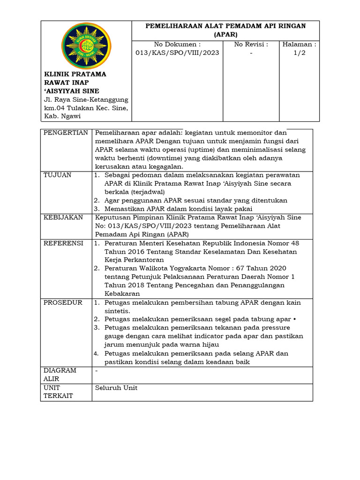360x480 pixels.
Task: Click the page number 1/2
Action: point(299,53)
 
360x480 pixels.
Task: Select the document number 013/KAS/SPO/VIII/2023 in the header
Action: point(177,53)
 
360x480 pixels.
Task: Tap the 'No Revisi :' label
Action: point(251,45)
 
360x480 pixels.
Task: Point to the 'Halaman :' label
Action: point(299,45)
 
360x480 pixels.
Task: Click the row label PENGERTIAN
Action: point(66,133)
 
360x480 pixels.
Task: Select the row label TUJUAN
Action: point(58,175)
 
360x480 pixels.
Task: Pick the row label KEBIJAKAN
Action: point(63,217)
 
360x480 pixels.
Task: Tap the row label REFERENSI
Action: point(63,243)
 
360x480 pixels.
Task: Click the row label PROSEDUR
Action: point(63,303)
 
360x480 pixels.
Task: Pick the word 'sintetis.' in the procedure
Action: point(118,311)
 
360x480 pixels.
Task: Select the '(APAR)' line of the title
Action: point(225,34)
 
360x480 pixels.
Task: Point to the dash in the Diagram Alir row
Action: point(97,371)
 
